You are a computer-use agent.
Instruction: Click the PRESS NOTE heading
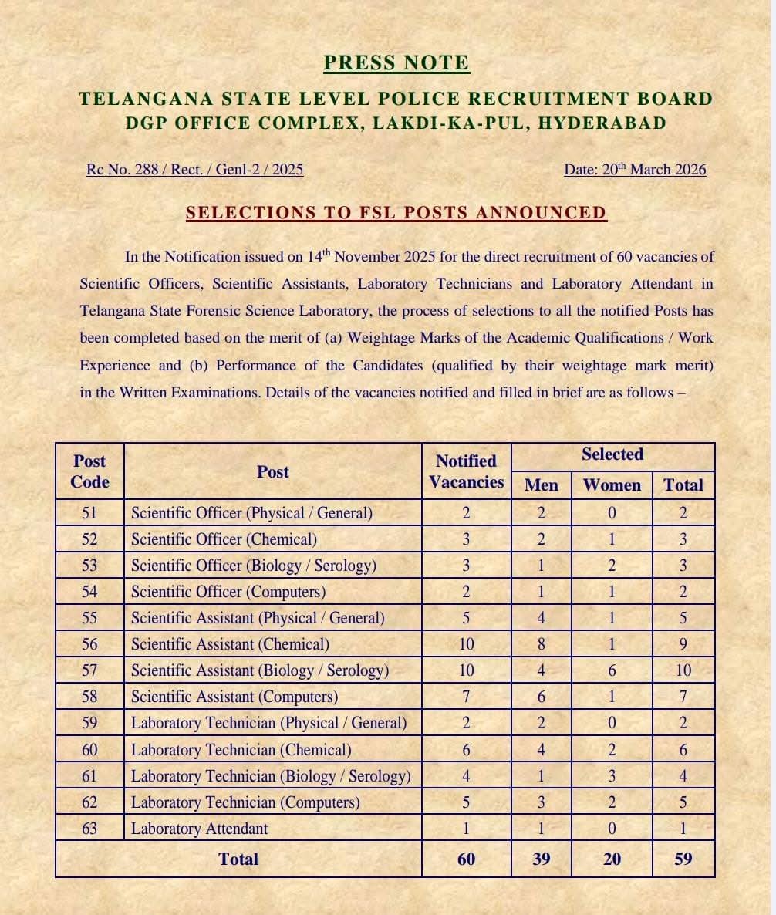coord(396,62)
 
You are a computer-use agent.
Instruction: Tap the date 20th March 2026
coord(635,169)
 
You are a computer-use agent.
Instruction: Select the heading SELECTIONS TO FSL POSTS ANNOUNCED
coord(396,213)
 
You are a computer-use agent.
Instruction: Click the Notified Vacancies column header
coord(466,471)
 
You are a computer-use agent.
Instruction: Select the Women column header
coord(612,485)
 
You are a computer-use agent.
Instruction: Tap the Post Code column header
coord(89,471)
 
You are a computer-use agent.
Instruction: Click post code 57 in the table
coord(89,670)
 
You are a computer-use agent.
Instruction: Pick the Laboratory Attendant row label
coord(199,829)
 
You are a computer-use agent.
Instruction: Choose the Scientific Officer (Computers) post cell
coord(228,592)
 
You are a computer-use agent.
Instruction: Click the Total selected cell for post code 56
coord(683,644)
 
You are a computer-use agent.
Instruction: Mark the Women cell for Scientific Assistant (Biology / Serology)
coord(612,670)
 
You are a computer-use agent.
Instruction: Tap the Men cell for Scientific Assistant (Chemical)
coord(541,644)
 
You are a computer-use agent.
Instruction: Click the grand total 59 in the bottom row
coord(683,859)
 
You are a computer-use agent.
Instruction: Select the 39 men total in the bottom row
coord(541,859)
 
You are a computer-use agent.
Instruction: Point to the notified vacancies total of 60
coord(466,859)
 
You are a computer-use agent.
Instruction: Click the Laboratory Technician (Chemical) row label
coord(241,749)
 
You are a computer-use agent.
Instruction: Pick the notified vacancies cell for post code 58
coord(466,697)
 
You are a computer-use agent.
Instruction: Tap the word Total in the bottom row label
coord(238,859)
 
